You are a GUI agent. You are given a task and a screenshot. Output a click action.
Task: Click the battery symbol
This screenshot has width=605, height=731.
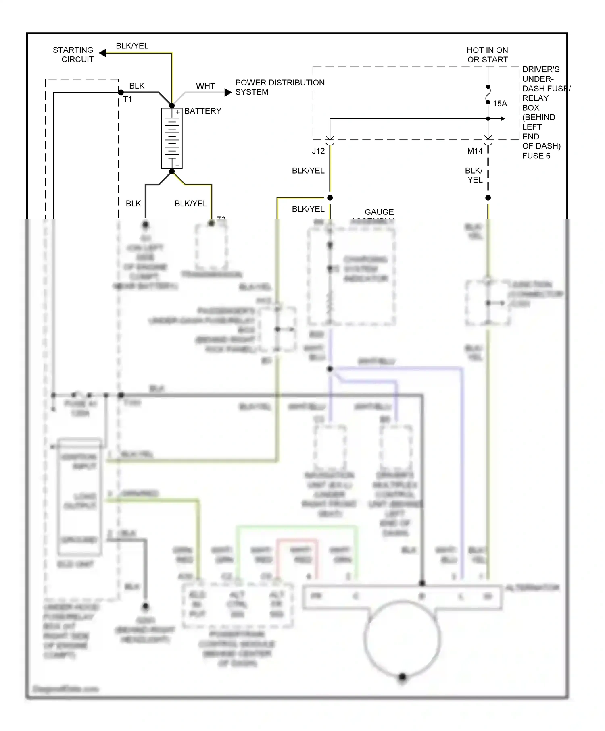click(172, 138)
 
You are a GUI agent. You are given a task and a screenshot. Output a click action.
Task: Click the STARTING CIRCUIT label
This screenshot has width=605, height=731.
click(73, 55)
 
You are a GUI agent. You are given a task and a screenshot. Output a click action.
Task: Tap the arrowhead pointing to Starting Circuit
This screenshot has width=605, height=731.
click(103, 53)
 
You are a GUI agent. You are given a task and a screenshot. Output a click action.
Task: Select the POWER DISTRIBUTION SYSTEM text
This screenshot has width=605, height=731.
click(280, 87)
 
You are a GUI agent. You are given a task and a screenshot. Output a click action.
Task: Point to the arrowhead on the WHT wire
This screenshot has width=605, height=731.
click(228, 92)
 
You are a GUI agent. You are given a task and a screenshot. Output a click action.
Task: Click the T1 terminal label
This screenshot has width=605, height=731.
click(127, 99)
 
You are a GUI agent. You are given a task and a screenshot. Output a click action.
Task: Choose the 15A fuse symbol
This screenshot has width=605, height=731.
click(488, 95)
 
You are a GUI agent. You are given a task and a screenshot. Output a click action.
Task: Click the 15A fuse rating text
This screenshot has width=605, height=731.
click(500, 104)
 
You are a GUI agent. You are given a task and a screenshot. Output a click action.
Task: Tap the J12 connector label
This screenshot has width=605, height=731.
click(318, 151)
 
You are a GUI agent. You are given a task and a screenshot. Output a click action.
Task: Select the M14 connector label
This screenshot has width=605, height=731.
click(475, 151)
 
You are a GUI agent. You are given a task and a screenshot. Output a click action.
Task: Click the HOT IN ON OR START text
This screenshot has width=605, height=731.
click(487, 55)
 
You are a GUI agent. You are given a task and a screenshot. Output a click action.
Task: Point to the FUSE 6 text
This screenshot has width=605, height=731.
click(536, 156)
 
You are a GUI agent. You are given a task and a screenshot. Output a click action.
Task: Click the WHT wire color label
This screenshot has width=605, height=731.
click(205, 86)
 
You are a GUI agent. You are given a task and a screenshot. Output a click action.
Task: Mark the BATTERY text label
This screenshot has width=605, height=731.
click(202, 111)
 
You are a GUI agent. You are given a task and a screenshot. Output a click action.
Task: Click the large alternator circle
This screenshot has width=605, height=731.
click(402, 639)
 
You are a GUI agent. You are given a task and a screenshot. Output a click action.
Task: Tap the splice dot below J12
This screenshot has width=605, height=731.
click(330, 197)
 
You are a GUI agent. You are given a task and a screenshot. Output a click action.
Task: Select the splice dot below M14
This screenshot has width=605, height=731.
click(488, 197)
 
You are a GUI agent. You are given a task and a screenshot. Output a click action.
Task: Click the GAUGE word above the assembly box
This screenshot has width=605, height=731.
click(379, 212)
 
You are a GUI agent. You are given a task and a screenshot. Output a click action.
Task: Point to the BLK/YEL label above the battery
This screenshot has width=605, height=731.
click(132, 46)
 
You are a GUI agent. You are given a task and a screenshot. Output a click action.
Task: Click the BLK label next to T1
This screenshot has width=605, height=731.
click(137, 86)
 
